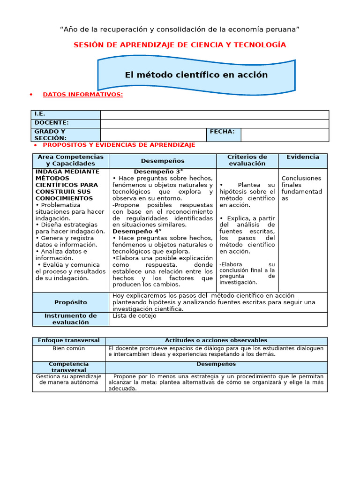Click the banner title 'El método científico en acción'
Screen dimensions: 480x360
(196, 75)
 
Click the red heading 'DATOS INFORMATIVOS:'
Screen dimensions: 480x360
(83, 95)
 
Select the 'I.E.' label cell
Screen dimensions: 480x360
(66, 114)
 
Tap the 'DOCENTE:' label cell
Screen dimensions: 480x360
(66, 123)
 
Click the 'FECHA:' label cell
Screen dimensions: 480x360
(223, 132)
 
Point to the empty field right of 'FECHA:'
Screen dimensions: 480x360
(285, 135)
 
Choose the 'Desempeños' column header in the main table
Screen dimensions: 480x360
(163, 161)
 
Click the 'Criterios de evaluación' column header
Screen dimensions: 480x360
(247, 160)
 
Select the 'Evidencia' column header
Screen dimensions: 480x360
(303, 157)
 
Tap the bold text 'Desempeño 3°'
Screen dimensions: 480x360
(158, 172)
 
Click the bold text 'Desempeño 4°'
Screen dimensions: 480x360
(137, 231)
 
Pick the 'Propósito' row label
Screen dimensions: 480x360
(71, 302)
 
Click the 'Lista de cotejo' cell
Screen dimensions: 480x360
(135, 316)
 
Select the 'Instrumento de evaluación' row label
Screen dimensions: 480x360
(71, 319)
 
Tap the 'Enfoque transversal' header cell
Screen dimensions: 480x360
(68, 340)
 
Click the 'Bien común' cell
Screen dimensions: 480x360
(68, 349)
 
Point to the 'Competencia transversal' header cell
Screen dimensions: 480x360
(68, 367)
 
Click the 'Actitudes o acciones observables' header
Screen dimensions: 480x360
(216, 340)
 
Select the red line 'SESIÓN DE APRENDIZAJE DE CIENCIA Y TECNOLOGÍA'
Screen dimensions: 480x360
(180, 45)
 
